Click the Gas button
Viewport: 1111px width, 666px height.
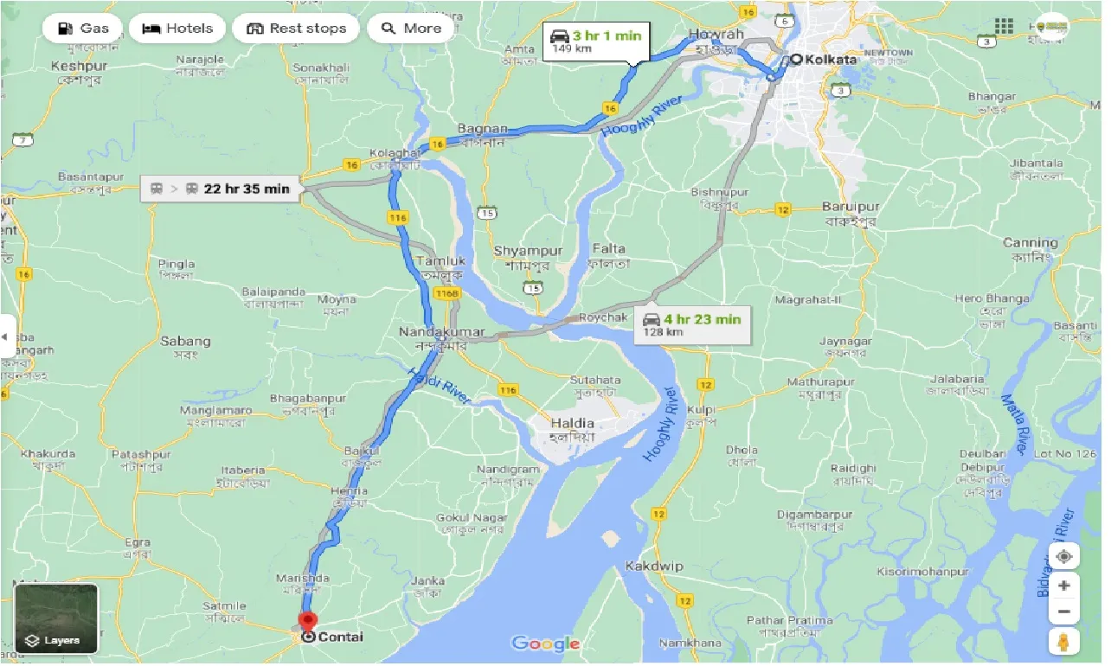tap(83, 28)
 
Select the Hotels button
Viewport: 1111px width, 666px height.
tap(177, 28)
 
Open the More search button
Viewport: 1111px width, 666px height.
tap(411, 28)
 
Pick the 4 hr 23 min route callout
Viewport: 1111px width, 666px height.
tap(690, 324)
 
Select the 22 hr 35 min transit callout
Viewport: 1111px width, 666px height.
tap(221, 189)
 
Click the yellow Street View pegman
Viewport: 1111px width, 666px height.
tap(1063, 642)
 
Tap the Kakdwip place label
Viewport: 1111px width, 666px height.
tap(654, 567)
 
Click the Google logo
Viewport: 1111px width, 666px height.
tap(545, 643)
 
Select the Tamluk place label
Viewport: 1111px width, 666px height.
tap(440, 260)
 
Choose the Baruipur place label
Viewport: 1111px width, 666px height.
tap(851, 208)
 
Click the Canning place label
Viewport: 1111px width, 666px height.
tap(1030, 243)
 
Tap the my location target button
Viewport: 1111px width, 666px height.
tap(1063, 556)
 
